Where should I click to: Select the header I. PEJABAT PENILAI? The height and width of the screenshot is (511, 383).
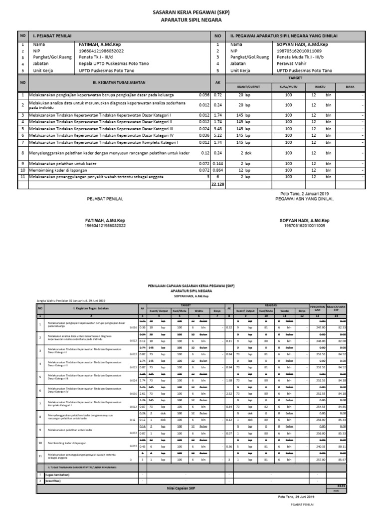[x=52, y=36]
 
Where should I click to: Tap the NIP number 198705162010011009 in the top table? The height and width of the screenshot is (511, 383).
[x=299, y=51]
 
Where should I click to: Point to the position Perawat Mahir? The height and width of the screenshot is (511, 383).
[x=294, y=64]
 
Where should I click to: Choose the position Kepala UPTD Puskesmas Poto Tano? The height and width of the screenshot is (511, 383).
[x=114, y=64]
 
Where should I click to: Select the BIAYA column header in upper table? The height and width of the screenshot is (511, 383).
[x=350, y=86]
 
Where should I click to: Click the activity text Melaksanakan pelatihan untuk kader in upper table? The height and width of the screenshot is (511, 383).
[x=63, y=164]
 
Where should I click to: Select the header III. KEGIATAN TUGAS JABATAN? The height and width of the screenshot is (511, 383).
[x=114, y=82]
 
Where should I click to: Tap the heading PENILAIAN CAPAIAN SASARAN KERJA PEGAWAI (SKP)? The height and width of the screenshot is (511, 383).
[x=191, y=287]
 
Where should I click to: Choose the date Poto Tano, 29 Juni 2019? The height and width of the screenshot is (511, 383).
[x=296, y=497]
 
